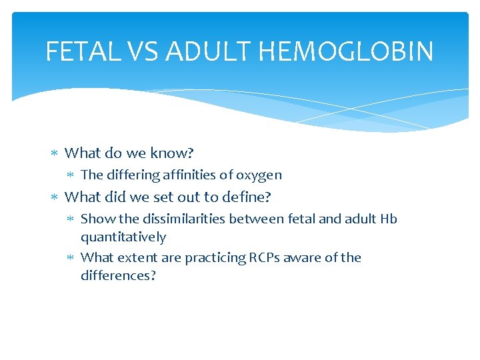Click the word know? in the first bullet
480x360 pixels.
tap(171, 153)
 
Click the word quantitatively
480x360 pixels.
tap(123, 237)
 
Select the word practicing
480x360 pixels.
tap(215, 257)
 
